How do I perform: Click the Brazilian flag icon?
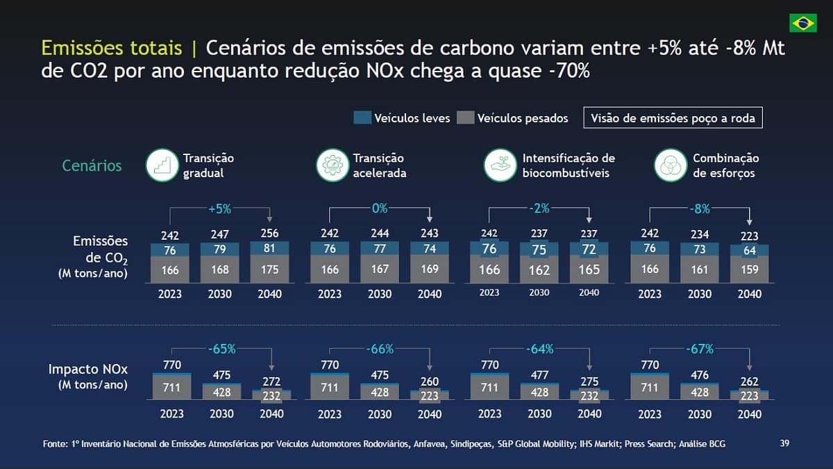(x=802, y=22)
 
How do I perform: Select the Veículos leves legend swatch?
(x=362, y=118)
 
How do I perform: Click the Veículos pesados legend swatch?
(x=465, y=118)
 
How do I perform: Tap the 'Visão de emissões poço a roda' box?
(x=673, y=118)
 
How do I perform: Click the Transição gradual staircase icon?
(x=162, y=165)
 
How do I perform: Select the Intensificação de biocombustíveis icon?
(x=500, y=165)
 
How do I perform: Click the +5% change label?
(x=219, y=208)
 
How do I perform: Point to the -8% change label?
(x=699, y=208)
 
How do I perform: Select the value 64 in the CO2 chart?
(x=749, y=251)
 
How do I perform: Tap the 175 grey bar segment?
(x=269, y=270)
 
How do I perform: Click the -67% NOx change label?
(x=699, y=348)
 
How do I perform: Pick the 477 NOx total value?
(x=539, y=375)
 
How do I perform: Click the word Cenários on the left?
(x=92, y=166)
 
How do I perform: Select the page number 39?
(x=784, y=443)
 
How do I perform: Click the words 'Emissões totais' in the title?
(x=114, y=49)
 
